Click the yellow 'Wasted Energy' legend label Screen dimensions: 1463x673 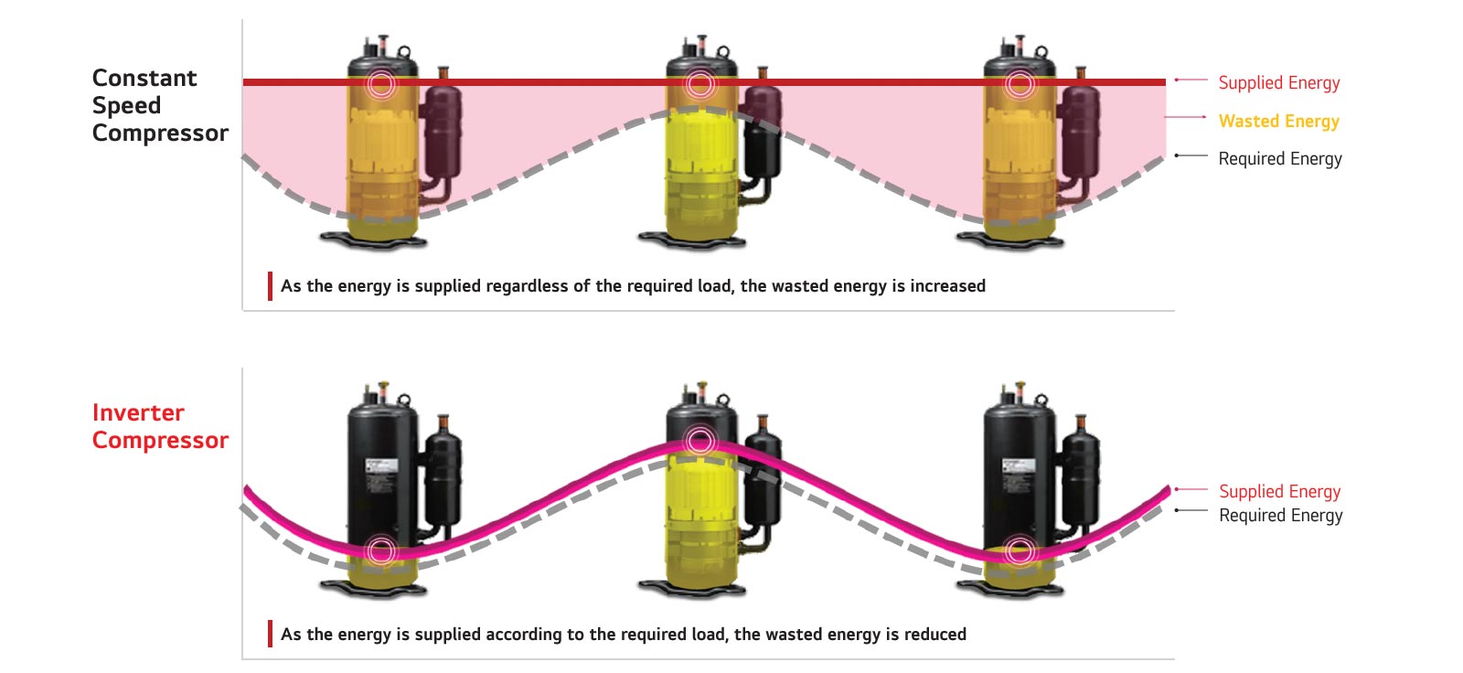(1278, 121)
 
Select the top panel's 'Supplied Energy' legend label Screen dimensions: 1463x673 (1279, 82)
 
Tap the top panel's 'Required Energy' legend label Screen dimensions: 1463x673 (1280, 158)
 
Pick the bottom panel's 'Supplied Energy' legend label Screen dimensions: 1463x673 (1279, 491)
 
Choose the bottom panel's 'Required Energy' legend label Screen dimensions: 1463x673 (1280, 515)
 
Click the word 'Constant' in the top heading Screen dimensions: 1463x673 (144, 78)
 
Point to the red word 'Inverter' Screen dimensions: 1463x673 (138, 412)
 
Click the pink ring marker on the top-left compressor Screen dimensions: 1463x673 (381, 84)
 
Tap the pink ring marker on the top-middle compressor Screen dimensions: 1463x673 (699, 84)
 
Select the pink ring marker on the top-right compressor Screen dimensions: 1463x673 (1019, 84)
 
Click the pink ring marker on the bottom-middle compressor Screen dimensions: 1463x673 (699, 441)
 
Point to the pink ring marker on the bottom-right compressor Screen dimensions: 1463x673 (1019, 550)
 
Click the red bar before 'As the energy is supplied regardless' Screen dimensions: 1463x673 (270, 286)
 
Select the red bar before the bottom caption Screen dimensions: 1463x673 (270, 634)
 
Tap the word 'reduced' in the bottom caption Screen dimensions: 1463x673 (934, 634)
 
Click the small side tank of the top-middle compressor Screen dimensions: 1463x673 (761, 133)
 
